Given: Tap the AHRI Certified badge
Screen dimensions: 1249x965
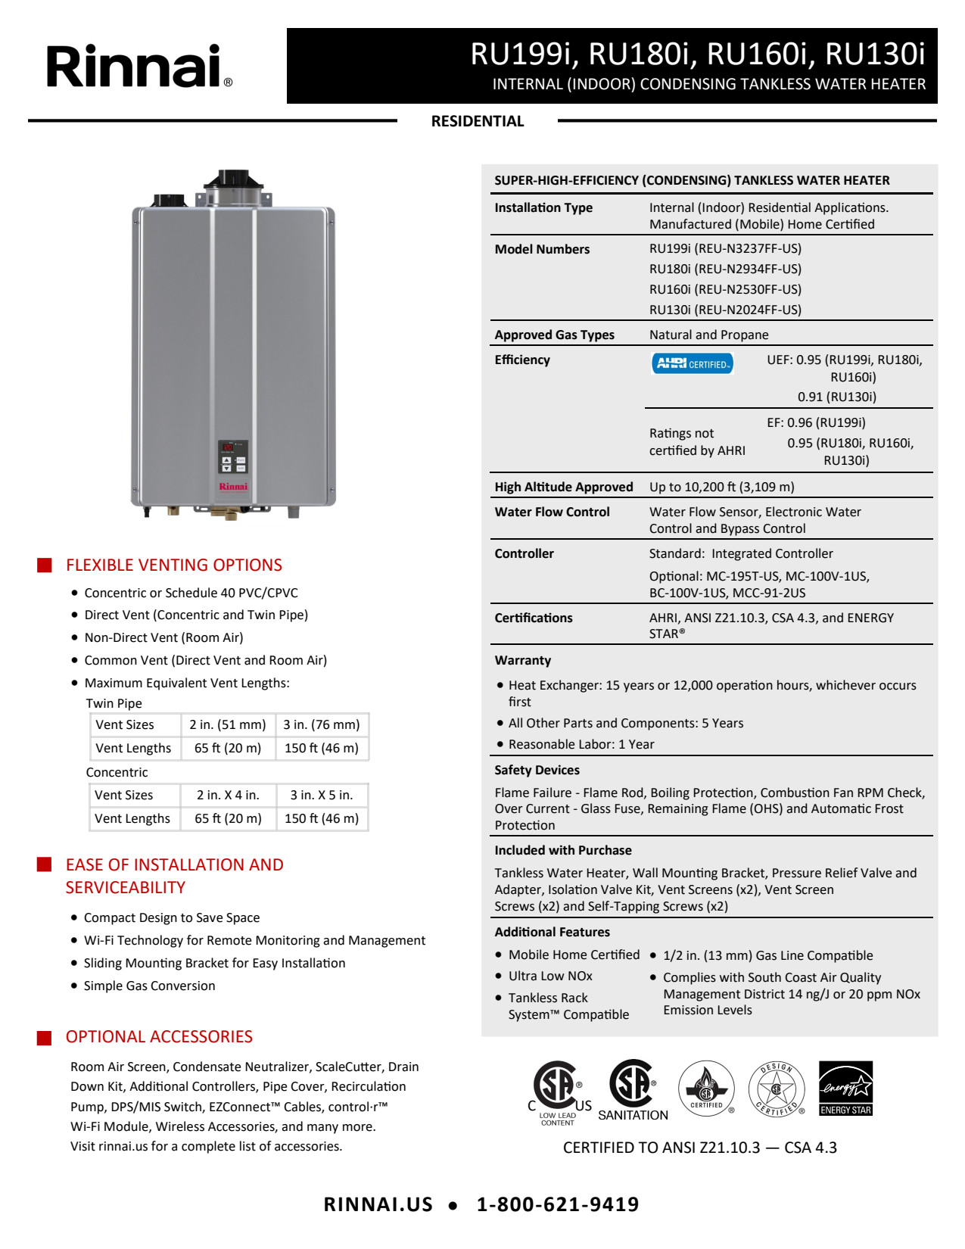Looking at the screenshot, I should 692,364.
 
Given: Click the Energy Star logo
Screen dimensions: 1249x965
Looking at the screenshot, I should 845,1089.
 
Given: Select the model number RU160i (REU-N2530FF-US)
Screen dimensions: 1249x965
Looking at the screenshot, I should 725,289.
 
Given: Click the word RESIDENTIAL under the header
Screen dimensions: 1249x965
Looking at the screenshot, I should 477,121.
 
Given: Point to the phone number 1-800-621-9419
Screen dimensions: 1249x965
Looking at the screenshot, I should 558,1204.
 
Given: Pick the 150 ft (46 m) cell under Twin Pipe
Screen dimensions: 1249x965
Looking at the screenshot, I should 322,748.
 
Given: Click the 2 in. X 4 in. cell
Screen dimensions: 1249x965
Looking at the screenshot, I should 228,795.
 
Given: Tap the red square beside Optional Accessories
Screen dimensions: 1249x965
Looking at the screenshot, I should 45,1037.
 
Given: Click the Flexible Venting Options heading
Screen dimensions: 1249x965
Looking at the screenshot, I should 173,565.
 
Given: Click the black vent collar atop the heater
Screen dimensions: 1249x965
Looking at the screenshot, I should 234,180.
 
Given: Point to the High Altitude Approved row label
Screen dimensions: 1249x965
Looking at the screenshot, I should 564,487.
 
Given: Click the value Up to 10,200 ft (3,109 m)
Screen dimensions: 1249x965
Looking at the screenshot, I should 721,487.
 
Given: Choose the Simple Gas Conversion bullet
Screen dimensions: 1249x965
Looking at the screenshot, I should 149,986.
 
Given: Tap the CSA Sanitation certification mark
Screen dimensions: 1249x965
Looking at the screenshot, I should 633,1090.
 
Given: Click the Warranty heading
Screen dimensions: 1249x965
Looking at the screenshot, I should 523,660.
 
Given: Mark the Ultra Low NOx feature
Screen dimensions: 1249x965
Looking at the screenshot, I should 550,976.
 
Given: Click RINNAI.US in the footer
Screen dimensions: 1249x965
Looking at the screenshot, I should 378,1204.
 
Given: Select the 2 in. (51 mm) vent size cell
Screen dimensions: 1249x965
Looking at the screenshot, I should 228,724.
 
